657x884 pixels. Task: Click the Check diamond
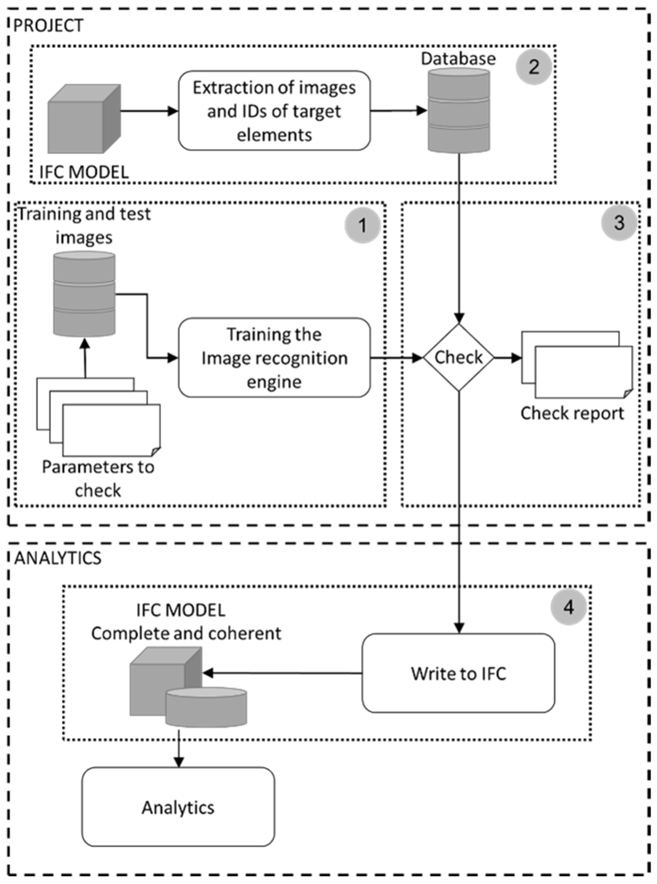(459, 357)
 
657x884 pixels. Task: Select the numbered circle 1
(362, 225)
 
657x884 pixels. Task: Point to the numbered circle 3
(619, 223)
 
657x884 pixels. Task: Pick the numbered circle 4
(568, 607)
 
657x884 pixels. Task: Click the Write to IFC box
(458, 673)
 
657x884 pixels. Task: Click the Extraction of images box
(274, 111)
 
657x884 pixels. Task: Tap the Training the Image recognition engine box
(274, 357)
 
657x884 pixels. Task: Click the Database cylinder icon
(459, 110)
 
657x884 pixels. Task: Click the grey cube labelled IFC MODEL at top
(83, 119)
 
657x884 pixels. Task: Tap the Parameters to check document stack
(99, 417)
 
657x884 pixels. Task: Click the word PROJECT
(48, 26)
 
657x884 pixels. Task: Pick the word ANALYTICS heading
(58, 558)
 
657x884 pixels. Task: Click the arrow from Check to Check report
(508, 358)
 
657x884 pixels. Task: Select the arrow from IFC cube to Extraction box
(149, 111)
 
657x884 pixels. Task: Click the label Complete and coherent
(186, 634)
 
